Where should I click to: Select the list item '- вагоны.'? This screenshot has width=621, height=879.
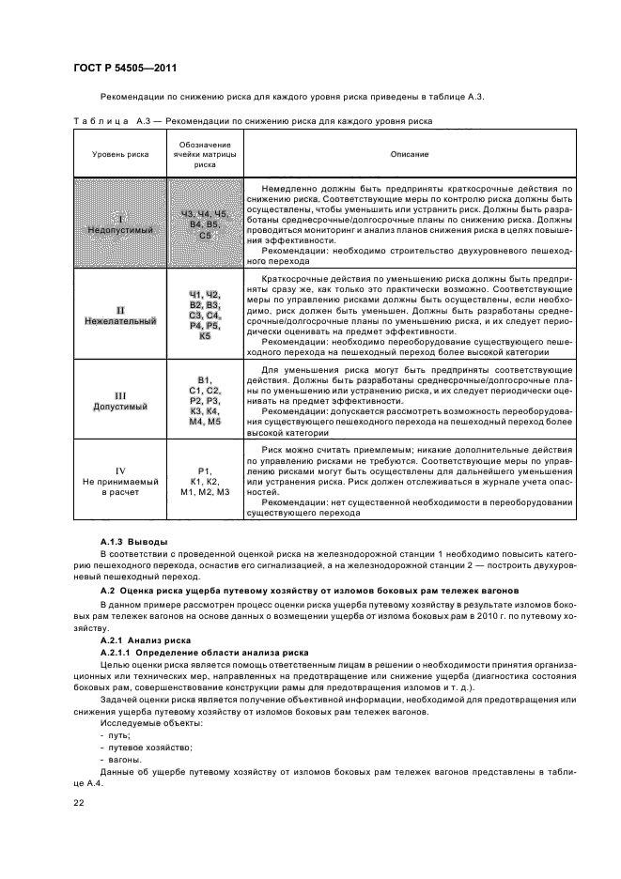coord(121,759)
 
